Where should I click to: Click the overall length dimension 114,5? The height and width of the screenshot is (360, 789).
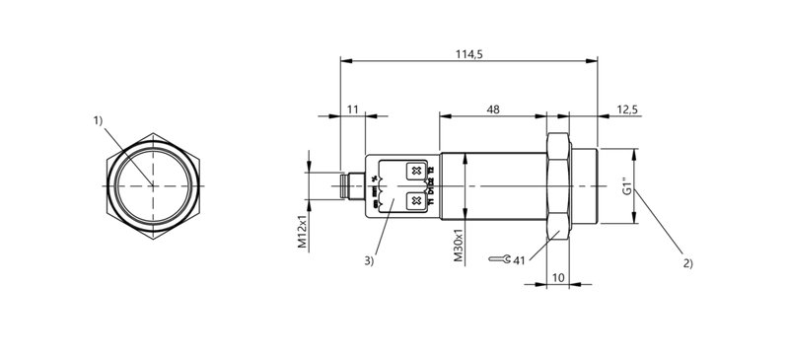pos(468,53)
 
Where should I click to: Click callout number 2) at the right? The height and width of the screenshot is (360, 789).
pos(686,263)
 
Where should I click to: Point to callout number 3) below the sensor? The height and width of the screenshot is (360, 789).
pos(369,261)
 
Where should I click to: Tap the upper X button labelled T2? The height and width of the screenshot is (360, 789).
pos(416,173)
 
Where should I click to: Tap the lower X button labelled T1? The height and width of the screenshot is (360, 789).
pos(416,201)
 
